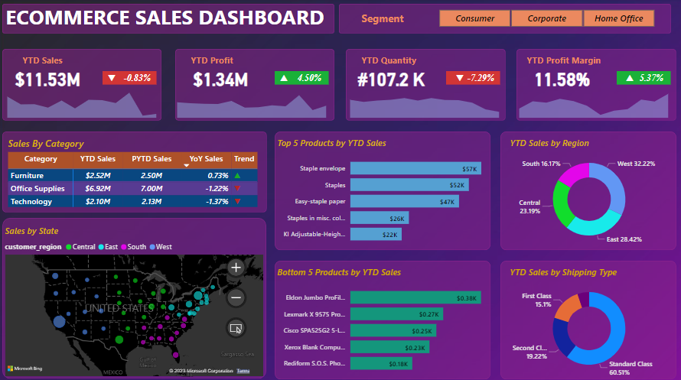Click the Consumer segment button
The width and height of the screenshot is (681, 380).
point(474,18)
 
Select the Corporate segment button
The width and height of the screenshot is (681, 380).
point(546,18)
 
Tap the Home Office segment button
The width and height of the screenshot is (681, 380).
point(618,18)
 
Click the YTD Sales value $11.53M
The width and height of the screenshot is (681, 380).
point(47,79)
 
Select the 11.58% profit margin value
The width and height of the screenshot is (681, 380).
point(562,80)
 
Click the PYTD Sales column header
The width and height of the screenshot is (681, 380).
point(152,159)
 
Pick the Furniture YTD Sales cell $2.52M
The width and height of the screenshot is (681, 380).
point(98,175)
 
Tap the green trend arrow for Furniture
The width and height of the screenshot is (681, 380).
point(239,175)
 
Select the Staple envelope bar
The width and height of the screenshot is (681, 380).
point(414,168)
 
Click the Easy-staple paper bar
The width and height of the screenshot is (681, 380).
point(403,202)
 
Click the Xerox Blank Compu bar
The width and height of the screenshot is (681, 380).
point(389,348)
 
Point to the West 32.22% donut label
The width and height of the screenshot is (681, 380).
point(630,164)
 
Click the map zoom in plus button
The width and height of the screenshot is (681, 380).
point(236,268)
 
